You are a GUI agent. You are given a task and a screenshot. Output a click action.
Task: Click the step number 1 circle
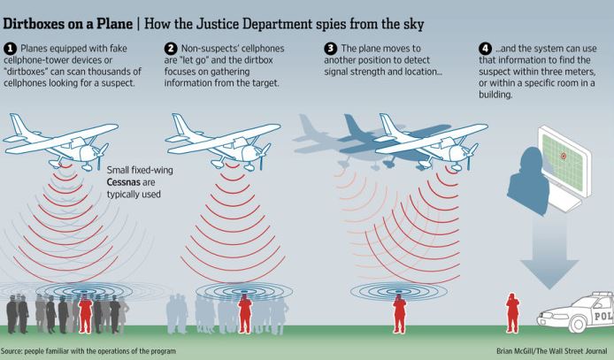pos(10,49)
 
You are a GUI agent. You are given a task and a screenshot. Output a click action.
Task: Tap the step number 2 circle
pos(171,49)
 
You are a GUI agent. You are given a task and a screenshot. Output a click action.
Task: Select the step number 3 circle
pos(331,49)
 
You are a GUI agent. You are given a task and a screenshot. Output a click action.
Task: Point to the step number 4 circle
pos(485,49)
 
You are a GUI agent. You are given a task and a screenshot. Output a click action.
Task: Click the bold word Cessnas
pos(131,182)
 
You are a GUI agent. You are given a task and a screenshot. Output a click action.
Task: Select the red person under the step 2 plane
pos(245,314)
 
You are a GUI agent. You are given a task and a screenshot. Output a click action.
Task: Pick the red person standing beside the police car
pos(512,313)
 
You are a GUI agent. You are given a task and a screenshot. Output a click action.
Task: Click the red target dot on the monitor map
pos(564,156)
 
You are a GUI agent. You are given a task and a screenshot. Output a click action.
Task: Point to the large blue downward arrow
pos(549,252)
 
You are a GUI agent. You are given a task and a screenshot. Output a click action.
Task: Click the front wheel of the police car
pos(577,324)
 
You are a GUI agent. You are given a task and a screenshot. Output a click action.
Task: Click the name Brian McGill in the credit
pos(515,350)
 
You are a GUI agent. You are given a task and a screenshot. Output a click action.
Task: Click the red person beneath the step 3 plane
pos(399,314)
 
